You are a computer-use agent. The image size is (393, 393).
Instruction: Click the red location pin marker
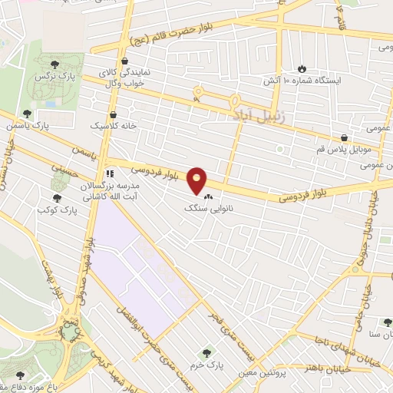tap(197, 180)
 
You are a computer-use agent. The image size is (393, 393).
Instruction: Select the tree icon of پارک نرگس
tap(54, 65)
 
